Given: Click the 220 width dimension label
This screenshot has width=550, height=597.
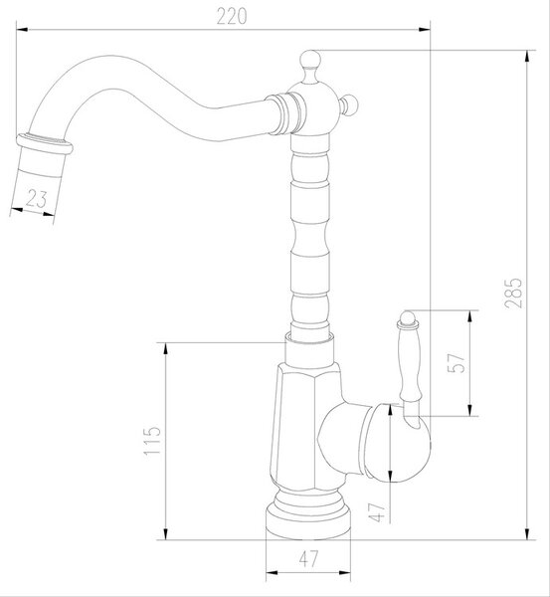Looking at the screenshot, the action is pos(232,16).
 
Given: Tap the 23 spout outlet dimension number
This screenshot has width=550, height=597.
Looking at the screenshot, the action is pos(37,199).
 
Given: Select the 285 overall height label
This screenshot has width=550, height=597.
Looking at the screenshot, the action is pos(513,294).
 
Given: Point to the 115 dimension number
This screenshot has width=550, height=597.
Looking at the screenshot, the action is pos(152,441).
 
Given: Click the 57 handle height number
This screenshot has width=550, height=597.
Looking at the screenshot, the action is pos(457,363).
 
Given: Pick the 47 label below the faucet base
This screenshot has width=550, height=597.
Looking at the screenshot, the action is pos(308,559).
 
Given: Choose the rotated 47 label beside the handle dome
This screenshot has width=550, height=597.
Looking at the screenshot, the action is pos(377,512).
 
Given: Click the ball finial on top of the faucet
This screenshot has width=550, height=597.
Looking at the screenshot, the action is pos(310,60).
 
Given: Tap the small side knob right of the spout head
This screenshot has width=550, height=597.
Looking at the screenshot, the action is pos(349,104).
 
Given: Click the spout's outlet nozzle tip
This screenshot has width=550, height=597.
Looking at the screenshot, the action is pos(43,156).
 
